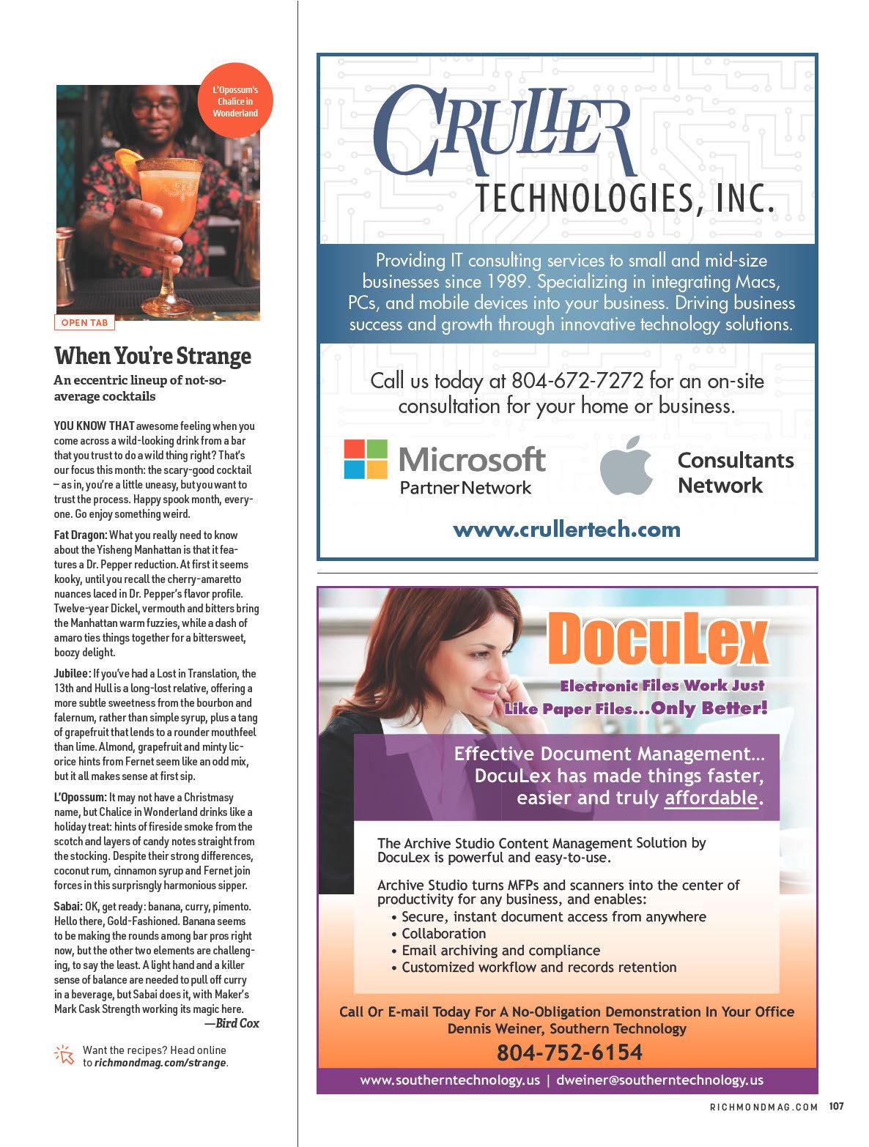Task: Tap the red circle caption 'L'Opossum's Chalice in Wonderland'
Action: (x=235, y=103)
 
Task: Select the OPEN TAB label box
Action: (x=84, y=322)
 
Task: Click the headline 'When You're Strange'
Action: (x=152, y=357)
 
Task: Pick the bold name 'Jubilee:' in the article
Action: (x=72, y=674)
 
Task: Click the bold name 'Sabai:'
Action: (x=68, y=907)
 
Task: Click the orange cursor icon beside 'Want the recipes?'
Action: (x=65, y=1055)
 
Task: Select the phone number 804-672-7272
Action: (x=577, y=381)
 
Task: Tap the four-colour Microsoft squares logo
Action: (x=366, y=459)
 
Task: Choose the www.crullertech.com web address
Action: (x=566, y=529)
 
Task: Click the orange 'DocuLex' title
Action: (x=657, y=639)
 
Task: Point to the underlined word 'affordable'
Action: (x=710, y=798)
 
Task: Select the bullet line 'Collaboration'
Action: (x=443, y=934)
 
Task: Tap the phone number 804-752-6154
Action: (x=569, y=1053)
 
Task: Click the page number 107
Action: (x=836, y=1106)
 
